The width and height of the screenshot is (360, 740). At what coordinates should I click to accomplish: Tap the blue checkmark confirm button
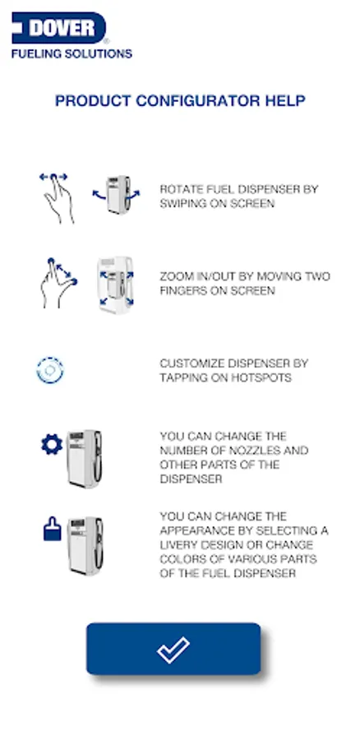(x=173, y=649)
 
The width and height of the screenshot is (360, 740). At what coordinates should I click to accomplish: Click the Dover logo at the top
(x=59, y=28)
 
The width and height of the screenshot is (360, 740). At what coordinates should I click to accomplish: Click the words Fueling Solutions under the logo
(x=72, y=53)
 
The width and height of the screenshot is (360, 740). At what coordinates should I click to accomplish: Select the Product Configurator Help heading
(x=180, y=100)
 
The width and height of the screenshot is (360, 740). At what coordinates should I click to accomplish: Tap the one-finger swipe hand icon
(x=57, y=197)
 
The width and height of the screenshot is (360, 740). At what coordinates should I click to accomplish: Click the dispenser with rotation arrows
(x=117, y=195)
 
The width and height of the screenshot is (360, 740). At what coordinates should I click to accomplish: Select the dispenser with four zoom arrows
(x=116, y=285)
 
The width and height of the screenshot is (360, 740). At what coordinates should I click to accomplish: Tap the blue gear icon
(x=52, y=445)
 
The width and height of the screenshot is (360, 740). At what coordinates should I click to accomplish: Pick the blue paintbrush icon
(x=53, y=529)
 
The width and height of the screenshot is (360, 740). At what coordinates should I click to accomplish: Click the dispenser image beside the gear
(x=85, y=459)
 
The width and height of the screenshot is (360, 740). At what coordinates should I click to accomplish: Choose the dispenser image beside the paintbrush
(x=85, y=546)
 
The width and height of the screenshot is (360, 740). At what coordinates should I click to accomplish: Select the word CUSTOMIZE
(x=192, y=364)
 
